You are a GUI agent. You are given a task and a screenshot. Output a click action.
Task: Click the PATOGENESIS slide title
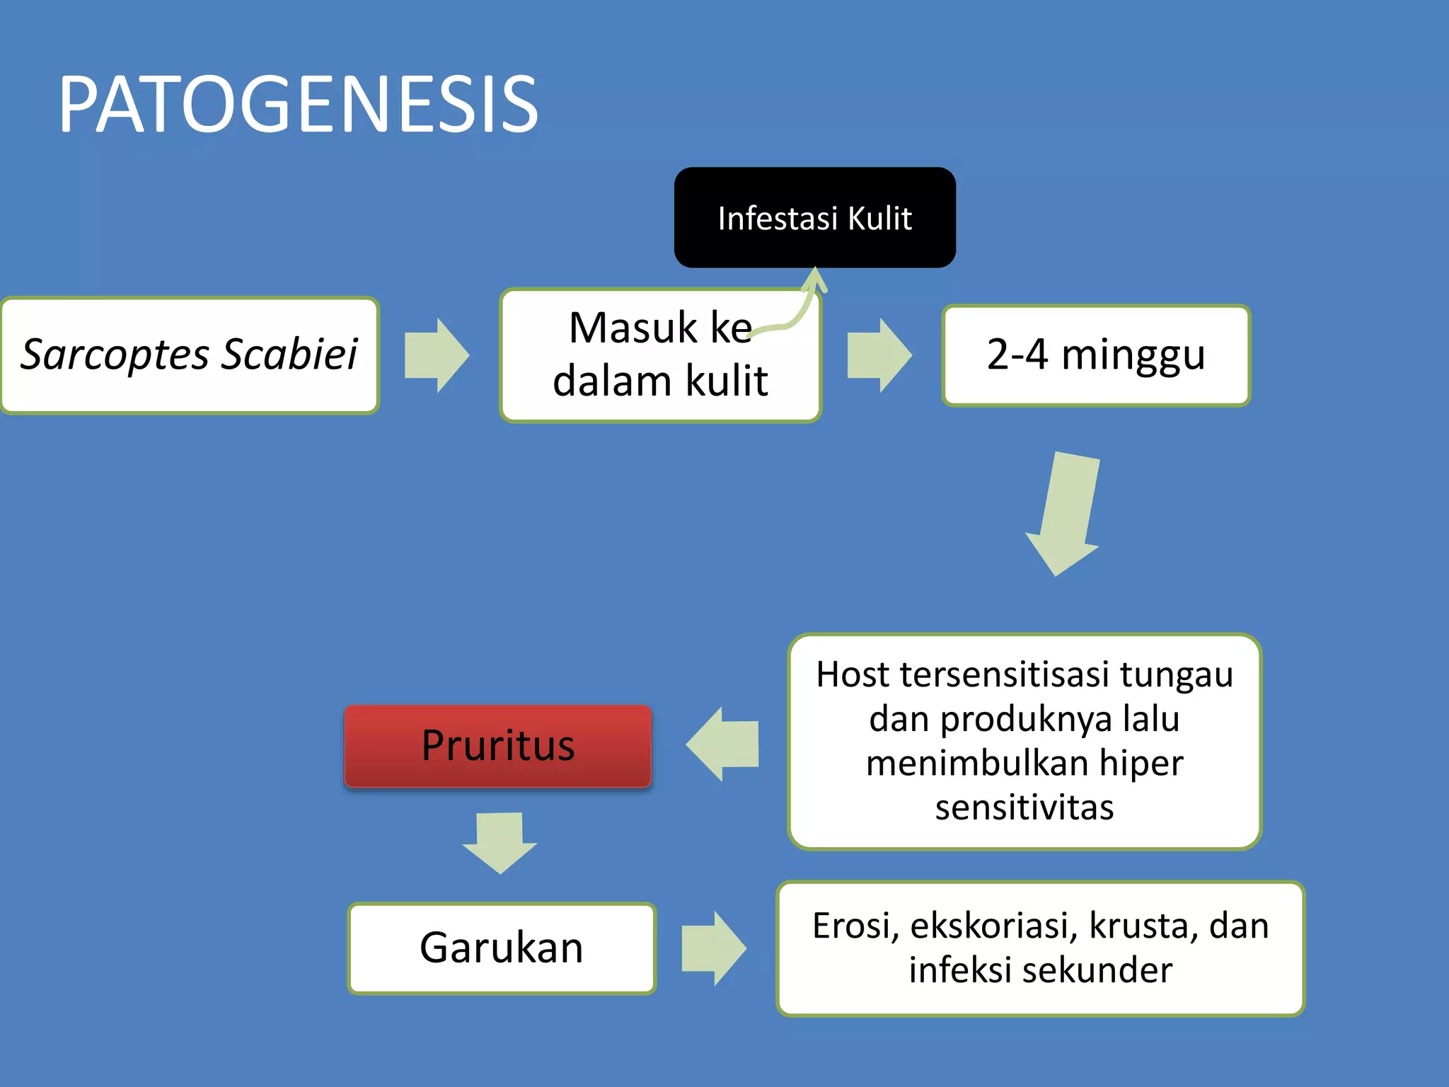click(298, 105)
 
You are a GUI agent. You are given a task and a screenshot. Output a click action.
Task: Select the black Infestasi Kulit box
click(814, 218)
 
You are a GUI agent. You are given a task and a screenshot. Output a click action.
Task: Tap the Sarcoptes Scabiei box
click(190, 355)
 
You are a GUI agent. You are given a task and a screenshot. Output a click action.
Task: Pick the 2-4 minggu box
click(1096, 355)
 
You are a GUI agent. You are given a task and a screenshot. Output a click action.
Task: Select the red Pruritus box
click(497, 746)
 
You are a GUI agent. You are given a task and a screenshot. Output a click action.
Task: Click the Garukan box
click(502, 948)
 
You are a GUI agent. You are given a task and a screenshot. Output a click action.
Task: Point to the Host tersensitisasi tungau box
click(1024, 741)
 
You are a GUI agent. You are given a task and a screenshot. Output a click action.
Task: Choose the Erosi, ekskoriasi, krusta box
click(1040, 948)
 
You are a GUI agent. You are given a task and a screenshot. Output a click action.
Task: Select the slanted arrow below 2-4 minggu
click(1066, 513)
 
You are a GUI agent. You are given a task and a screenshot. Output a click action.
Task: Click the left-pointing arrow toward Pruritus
click(723, 744)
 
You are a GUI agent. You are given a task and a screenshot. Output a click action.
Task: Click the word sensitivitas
click(1024, 807)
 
